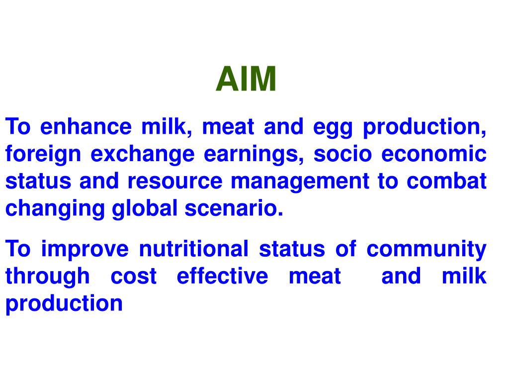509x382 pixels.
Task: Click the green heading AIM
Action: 246,80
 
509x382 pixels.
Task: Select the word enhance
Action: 86,127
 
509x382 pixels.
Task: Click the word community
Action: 426,249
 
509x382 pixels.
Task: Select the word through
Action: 48,277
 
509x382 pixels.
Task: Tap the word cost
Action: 133,277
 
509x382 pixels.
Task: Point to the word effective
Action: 222,276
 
